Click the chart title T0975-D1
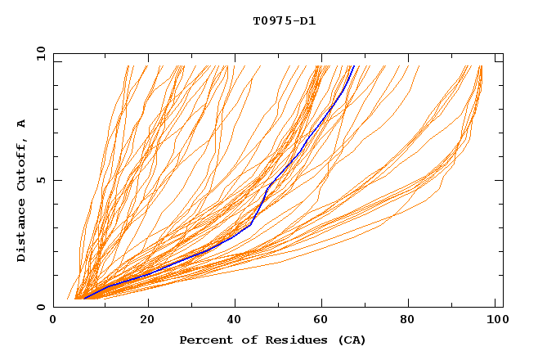pos(285,20)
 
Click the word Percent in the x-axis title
pos(203,340)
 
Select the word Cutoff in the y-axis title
pos(22,165)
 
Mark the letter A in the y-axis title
pos(22,123)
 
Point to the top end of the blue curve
pos(352,66)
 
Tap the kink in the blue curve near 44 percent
pos(250,223)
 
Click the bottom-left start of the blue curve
pos(84,298)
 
